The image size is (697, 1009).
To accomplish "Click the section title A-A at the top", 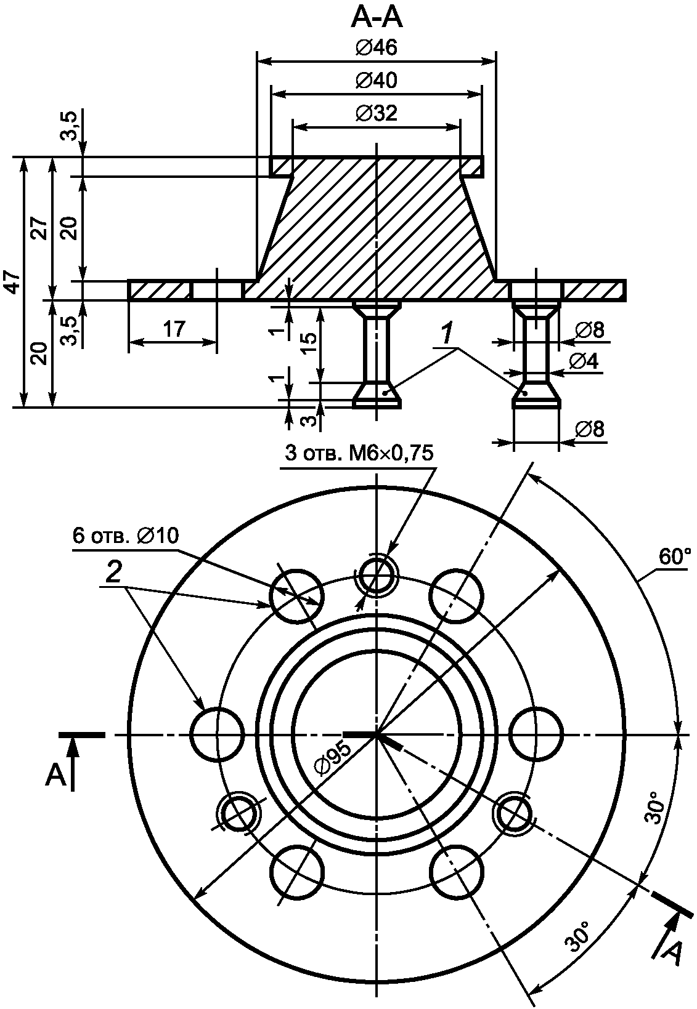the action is [377, 19].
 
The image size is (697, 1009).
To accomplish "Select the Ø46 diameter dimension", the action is [377, 47].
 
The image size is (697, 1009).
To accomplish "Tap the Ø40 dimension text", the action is [377, 81].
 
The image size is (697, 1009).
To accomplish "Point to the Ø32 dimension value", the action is [377, 113].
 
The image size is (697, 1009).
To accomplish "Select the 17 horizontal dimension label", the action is [174, 329].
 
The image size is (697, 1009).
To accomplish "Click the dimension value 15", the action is [310, 344].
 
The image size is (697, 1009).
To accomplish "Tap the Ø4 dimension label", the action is [584, 361].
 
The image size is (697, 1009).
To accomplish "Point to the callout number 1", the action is [446, 335].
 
